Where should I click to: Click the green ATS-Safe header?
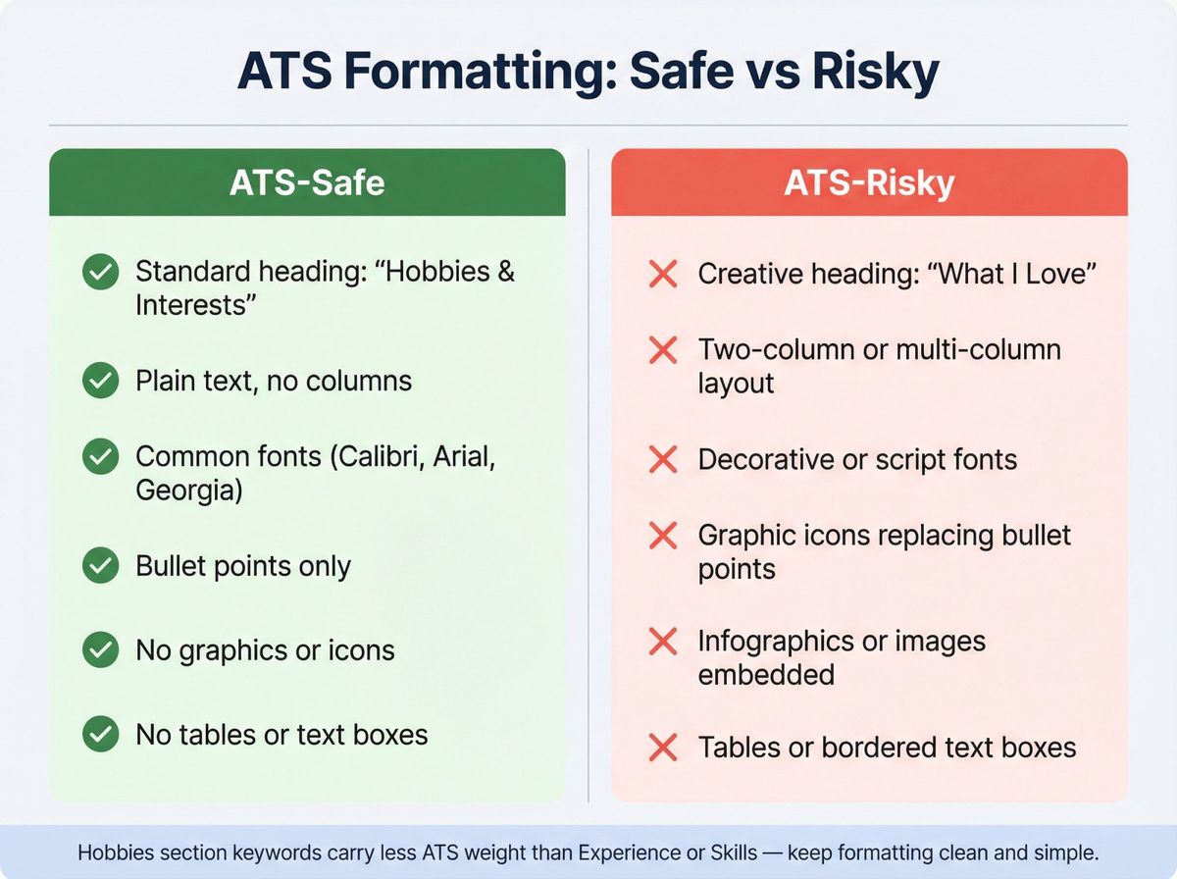pyautogui.click(x=307, y=183)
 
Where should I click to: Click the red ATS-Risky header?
pyautogui.click(x=869, y=183)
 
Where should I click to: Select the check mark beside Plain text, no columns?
pyautogui.click(x=100, y=381)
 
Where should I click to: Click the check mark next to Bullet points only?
pyautogui.click(x=100, y=566)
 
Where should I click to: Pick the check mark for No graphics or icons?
pyautogui.click(x=100, y=650)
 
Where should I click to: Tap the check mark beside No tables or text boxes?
pyautogui.click(x=100, y=735)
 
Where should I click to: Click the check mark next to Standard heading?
pyautogui.click(x=100, y=273)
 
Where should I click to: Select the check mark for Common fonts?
pyautogui.click(x=100, y=457)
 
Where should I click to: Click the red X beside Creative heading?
pyautogui.click(x=664, y=274)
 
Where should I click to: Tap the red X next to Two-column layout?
pyautogui.click(x=664, y=349)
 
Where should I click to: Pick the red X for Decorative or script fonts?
pyautogui.click(x=664, y=459)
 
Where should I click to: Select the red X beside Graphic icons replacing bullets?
pyautogui.click(x=664, y=536)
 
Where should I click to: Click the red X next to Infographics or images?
pyautogui.click(x=664, y=642)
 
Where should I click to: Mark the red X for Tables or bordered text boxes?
pyautogui.click(x=664, y=748)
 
